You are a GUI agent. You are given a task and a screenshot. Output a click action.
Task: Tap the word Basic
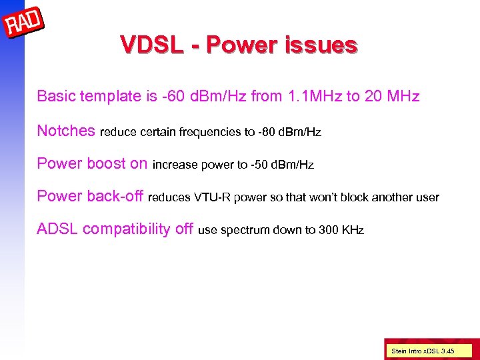coord(57,97)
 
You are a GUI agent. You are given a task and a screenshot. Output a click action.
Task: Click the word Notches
coord(66,131)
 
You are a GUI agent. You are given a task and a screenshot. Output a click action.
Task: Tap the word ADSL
coord(57,230)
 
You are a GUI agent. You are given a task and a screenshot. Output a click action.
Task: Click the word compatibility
coord(127,230)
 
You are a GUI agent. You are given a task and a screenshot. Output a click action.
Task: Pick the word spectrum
coord(241,231)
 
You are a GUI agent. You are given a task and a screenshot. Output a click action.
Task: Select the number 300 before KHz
coord(327,231)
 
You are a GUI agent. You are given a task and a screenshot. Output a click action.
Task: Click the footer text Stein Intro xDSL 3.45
coord(422,350)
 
